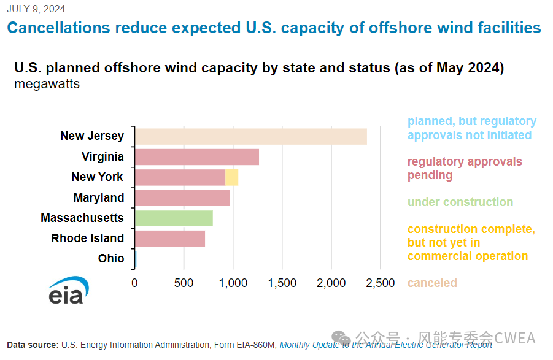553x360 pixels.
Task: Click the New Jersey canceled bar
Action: (250, 136)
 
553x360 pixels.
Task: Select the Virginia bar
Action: (196, 157)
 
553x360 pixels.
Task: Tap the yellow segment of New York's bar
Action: (232, 177)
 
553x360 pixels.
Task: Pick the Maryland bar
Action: (182, 198)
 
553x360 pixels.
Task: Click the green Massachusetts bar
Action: (174, 218)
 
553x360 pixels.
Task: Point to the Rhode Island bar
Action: (169, 239)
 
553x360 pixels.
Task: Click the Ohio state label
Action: (111, 259)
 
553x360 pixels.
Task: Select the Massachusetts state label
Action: (82, 218)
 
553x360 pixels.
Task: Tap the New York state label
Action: (97, 177)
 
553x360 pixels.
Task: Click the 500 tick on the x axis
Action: (184, 283)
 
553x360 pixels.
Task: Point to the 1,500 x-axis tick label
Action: (282, 283)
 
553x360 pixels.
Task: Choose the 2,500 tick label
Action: (380, 283)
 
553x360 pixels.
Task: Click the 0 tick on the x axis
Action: (135, 283)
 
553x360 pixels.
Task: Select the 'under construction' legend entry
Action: (460, 202)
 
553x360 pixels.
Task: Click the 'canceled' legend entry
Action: (432, 283)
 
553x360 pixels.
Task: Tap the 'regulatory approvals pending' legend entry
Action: (465, 169)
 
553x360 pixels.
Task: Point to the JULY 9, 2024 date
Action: (36, 9)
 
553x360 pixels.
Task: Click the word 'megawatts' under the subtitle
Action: (47, 84)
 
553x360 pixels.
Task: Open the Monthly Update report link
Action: (385, 345)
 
